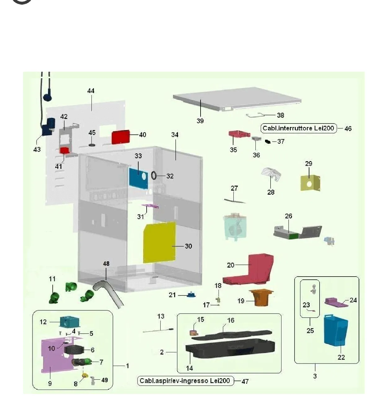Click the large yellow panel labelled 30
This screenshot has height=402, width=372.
[x=159, y=242]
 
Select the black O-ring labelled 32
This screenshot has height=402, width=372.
[x=154, y=175]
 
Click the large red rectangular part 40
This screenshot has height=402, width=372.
[x=121, y=137]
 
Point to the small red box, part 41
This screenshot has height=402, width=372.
[x=64, y=150]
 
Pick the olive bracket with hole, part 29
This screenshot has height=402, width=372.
[x=310, y=183]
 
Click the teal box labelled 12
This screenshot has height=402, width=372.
[x=69, y=322]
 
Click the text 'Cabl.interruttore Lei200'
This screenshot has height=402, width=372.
[x=298, y=128]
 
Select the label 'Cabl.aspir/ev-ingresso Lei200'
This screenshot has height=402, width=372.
[x=185, y=381]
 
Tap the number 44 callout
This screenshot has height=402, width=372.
[x=91, y=91]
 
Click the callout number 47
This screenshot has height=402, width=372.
[x=245, y=381]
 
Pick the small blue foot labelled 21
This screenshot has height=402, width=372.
[x=191, y=295]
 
